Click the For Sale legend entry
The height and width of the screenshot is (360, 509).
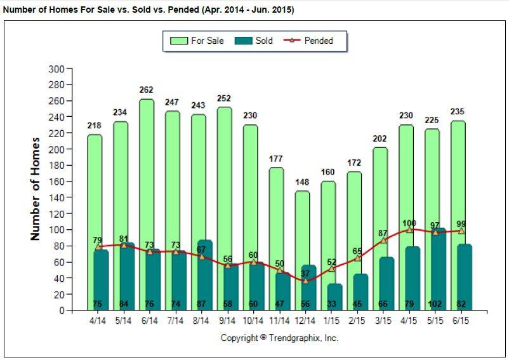point(198,41)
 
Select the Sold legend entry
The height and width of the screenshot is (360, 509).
point(255,41)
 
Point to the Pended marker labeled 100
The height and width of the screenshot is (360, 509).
point(409,229)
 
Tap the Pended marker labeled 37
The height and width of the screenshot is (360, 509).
point(306,281)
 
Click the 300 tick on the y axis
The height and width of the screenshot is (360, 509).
point(56,69)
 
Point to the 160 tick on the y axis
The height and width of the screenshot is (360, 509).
point(56,182)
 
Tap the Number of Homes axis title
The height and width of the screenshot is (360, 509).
point(36,189)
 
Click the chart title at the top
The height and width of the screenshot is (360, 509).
point(149,10)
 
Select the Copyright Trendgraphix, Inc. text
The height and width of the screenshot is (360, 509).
point(279,338)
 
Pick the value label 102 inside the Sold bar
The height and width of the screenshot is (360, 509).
point(435,304)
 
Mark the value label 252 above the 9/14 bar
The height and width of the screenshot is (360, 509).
point(224,98)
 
